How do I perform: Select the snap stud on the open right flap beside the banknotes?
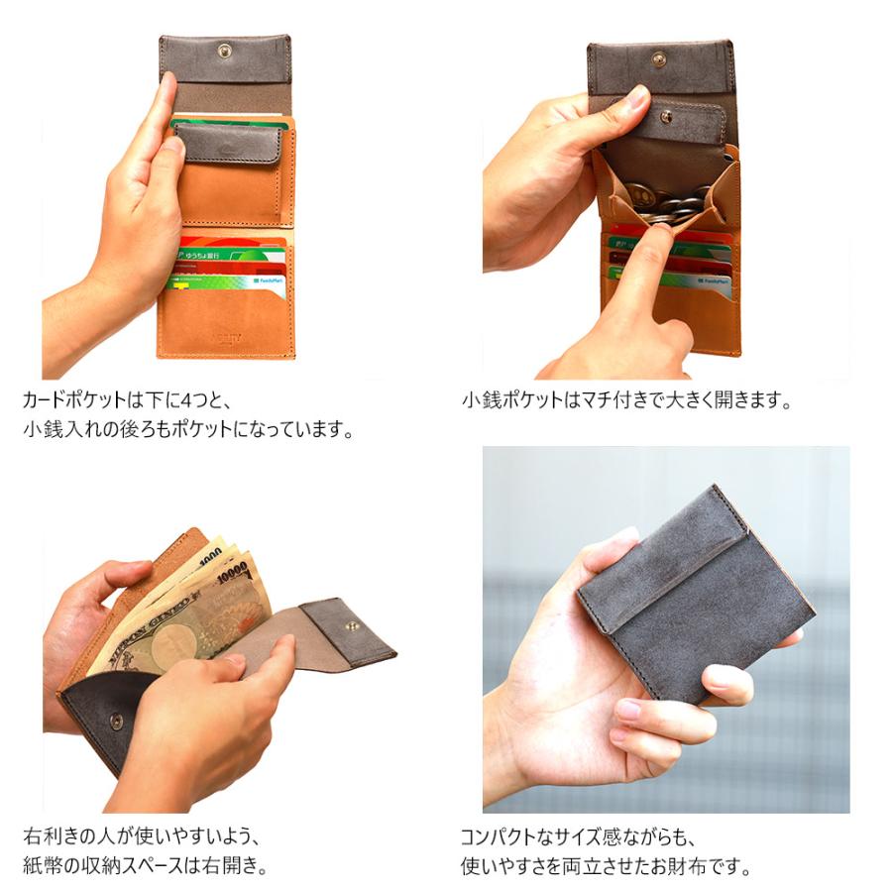352,624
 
